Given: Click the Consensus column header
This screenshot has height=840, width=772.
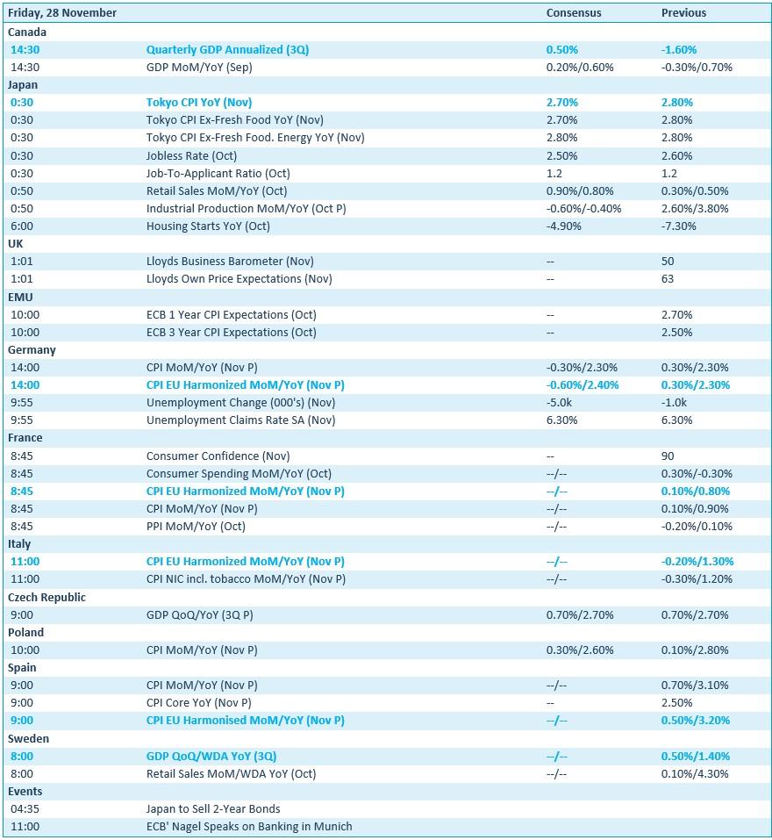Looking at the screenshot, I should tap(574, 13).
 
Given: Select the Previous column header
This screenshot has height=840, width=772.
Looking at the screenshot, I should tap(683, 13).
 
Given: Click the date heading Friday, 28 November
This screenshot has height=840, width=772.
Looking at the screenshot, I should tap(62, 13).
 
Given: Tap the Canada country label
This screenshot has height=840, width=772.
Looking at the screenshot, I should tap(27, 32).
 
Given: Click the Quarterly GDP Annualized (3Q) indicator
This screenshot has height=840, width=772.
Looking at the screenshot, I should tap(227, 50).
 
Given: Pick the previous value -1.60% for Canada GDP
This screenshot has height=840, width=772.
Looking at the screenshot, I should tap(679, 50).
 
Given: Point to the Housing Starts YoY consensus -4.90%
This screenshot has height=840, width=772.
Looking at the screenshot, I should tap(563, 226).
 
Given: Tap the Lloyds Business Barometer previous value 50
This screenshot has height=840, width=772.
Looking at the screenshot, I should tap(668, 262).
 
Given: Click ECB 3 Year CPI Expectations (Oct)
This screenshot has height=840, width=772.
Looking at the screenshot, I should tap(231, 333).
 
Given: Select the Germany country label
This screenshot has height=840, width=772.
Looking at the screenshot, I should tap(32, 349).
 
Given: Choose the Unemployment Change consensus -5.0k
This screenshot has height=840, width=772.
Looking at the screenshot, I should tap(560, 403).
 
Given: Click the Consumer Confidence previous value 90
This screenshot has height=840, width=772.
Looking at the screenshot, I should tap(668, 456).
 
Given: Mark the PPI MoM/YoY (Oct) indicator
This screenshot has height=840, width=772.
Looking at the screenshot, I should tap(196, 527).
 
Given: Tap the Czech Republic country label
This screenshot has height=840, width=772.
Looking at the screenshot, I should tap(46, 597).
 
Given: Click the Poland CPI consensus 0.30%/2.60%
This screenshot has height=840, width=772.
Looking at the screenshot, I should tap(580, 650).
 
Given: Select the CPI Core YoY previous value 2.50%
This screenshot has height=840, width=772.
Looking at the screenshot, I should tap(677, 703).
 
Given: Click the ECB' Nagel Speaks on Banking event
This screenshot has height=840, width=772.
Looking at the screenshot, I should tap(249, 826).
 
